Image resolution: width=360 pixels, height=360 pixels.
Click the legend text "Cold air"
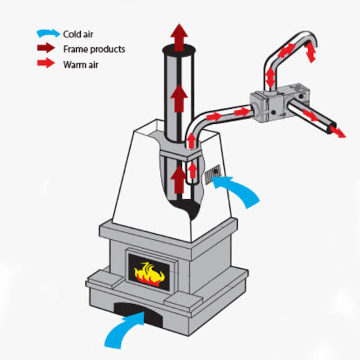click(x=78, y=34)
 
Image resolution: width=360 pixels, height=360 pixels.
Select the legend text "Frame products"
click(x=94, y=49)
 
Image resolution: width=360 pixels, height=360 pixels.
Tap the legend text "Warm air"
click(x=81, y=65)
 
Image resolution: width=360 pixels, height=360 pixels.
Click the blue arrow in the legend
click(x=49, y=33)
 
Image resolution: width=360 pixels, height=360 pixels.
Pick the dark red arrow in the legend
click(x=46, y=48)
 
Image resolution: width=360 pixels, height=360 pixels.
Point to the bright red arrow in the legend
click(x=46, y=63)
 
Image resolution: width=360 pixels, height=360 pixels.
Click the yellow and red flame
click(x=149, y=275)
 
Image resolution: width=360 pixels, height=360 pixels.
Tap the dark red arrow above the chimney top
click(x=179, y=37)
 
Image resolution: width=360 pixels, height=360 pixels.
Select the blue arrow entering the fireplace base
click(x=125, y=329)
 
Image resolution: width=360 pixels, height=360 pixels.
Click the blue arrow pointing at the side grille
click(x=237, y=191)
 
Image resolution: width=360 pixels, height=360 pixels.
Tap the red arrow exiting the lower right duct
click(x=337, y=131)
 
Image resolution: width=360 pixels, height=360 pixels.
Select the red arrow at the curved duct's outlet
click(x=310, y=52)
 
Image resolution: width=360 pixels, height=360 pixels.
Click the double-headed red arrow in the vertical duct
click(x=271, y=77)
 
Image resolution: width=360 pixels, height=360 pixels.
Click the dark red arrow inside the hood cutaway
click(x=179, y=179)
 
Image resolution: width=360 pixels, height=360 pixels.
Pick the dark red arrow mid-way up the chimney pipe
click(x=179, y=98)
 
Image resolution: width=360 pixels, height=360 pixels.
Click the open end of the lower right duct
click(x=332, y=129)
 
